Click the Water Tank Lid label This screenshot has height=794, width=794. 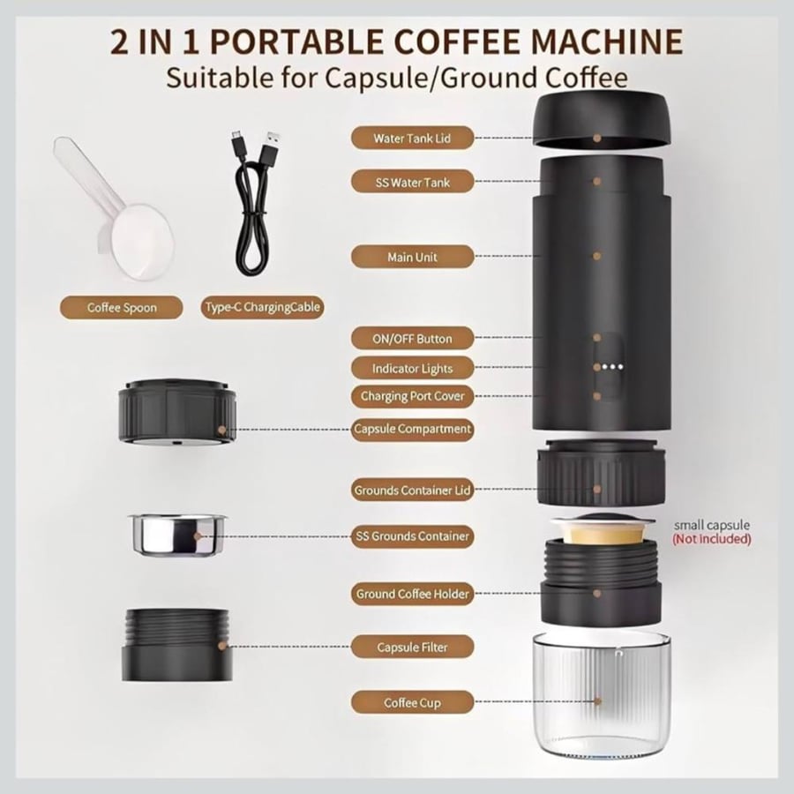click(412, 138)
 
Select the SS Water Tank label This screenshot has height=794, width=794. click(412, 182)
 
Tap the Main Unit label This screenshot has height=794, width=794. click(412, 257)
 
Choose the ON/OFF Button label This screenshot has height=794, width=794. click(412, 338)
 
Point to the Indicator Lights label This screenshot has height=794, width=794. click(412, 368)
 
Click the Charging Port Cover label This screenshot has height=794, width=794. click(412, 396)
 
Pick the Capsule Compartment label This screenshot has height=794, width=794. click(412, 429)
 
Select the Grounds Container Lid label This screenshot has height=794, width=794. click(412, 490)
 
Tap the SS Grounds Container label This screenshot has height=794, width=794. click(412, 536)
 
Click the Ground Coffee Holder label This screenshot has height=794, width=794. click(412, 594)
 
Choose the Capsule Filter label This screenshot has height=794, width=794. click(412, 648)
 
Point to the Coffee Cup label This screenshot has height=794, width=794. click(412, 702)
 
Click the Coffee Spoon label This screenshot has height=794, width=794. click(122, 307)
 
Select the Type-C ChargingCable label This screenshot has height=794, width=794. click(262, 307)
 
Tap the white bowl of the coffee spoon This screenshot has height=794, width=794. click(142, 242)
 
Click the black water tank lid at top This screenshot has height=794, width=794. click(602, 118)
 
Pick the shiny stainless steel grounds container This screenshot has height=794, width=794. click(176, 535)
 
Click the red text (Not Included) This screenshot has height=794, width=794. click(711, 539)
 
